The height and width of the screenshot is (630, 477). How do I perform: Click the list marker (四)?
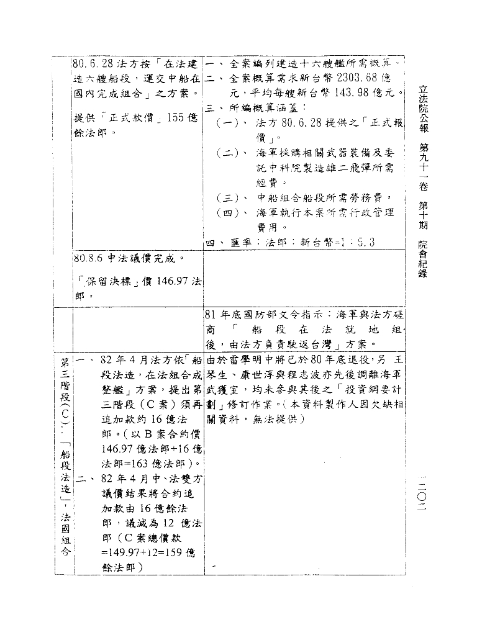(x=228, y=214)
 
